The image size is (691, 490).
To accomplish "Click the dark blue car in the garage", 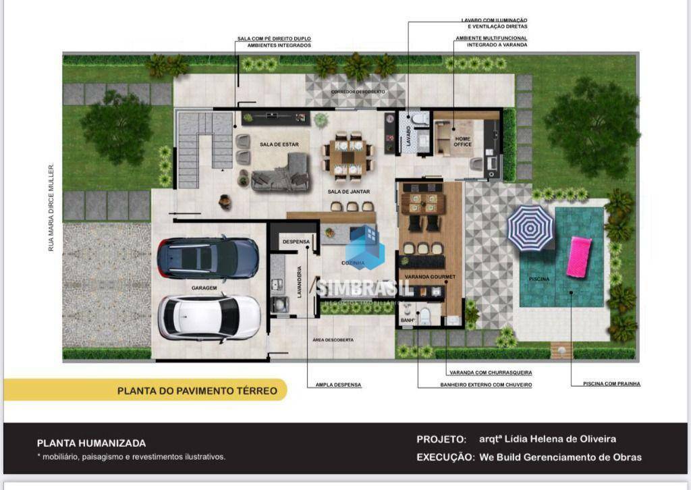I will (208, 257).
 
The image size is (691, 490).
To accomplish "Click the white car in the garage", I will (209, 317).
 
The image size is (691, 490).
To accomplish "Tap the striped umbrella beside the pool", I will (530, 228).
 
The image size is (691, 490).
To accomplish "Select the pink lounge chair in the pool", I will (579, 256).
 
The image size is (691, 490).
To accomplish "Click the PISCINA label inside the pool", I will (539, 279).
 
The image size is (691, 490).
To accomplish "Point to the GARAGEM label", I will (203, 288).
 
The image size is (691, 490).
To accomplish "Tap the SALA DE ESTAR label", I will (280, 144).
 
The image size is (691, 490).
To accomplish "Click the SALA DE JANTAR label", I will (349, 192).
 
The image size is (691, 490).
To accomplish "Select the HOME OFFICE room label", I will (462, 141).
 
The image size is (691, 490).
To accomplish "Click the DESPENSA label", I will (296, 242).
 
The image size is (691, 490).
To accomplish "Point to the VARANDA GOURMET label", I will (430, 277).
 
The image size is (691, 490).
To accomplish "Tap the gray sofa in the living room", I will (281, 175).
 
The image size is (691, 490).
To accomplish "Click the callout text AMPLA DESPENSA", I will (338, 385).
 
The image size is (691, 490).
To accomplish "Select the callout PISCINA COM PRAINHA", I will (611, 383).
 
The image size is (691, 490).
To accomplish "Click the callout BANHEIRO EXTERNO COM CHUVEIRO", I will (475, 385).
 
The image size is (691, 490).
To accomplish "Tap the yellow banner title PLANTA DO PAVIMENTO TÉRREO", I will (197, 390).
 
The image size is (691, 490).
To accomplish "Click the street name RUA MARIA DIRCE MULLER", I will (51, 207).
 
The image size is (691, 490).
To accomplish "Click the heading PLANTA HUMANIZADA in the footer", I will (91, 443).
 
